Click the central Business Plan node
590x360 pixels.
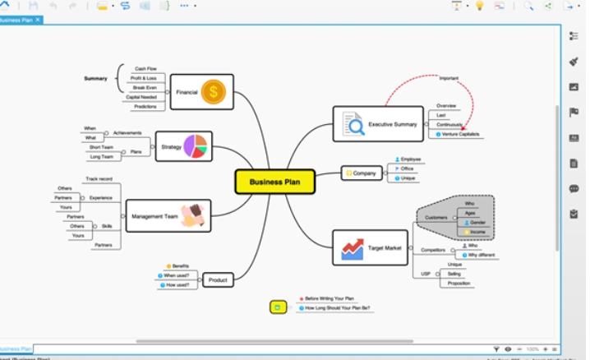pos(275,182)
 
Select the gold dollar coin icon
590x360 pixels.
pos(213,92)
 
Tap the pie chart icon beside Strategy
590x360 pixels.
pos(196,146)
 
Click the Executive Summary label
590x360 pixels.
pos(392,124)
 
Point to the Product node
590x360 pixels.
pos(218,280)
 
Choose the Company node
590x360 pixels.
pos(362,173)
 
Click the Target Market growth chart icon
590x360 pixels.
pos(353,247)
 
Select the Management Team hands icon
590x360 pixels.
pos(193,216)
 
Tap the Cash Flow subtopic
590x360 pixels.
pos(145,68)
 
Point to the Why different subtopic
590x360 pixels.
pos(480,255)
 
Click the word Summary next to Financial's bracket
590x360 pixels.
pos(95,78)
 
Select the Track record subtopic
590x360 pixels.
pos(99,178)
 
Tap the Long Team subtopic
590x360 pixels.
pos(101,156)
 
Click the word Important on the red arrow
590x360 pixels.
pos(449,78)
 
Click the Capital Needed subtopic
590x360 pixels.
pos(141,97)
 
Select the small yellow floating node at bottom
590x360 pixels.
pos(278,307)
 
